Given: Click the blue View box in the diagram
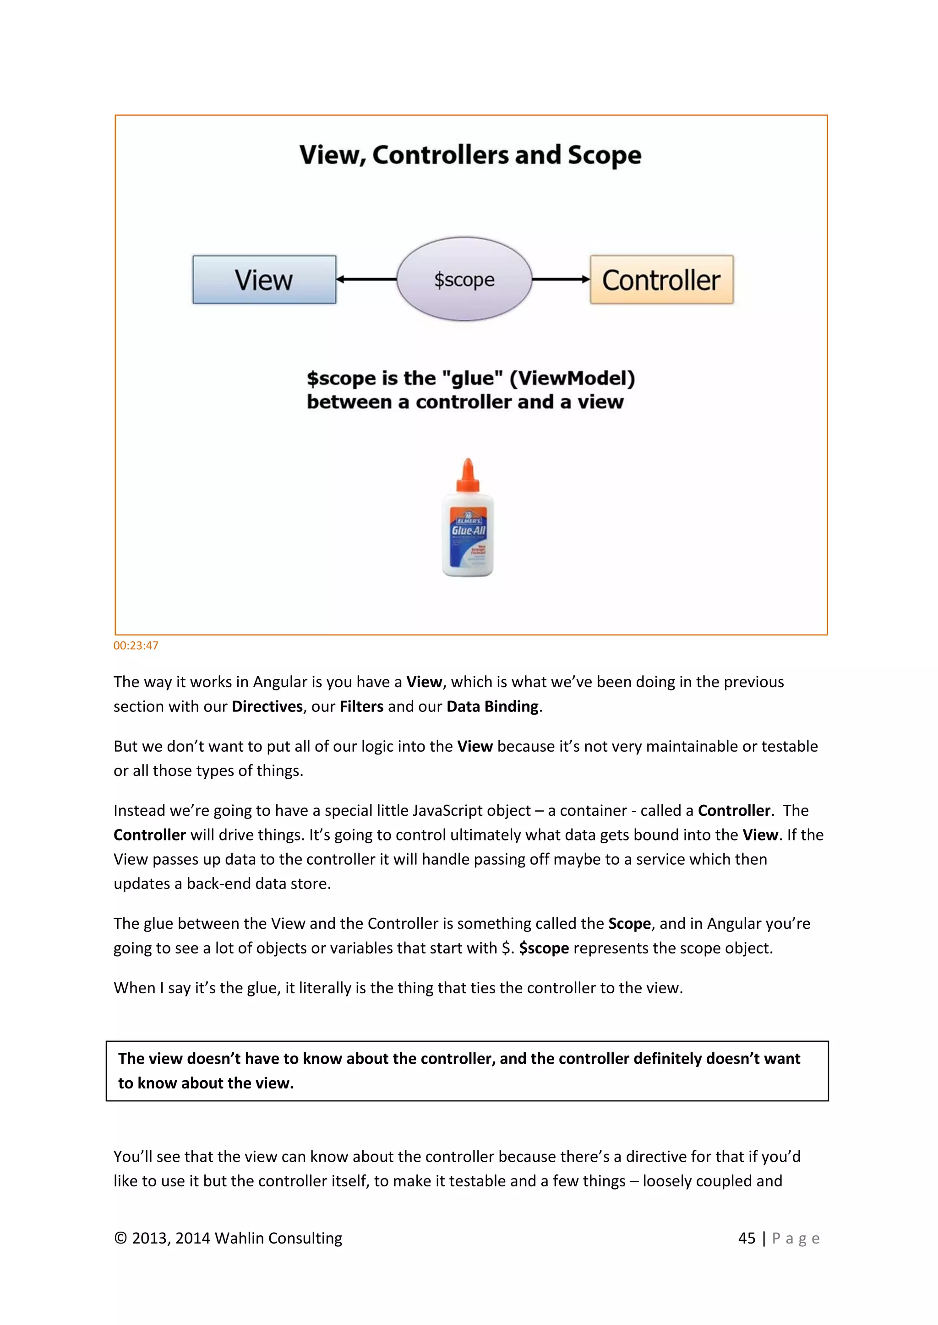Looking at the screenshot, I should (x=264, y=280).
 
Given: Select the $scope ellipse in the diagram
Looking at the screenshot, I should (x=464, y=279).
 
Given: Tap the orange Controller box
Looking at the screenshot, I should (x=661, y=280).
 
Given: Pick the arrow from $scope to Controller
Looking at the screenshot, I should (x=560, y=279).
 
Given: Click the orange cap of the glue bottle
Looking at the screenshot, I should (x=468, y=476).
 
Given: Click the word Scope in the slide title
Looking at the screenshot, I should (x=604, y=155).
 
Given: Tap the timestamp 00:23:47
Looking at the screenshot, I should (x=136, y=646).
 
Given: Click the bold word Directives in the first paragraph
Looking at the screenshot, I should (x=267, y=707).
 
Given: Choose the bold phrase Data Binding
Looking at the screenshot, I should (x=492, y=707).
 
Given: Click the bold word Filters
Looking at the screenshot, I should (x=361, y=707).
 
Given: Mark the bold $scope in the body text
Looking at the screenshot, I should (x=544, y=948).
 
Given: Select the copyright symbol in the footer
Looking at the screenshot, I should (x=120, y=1239).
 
